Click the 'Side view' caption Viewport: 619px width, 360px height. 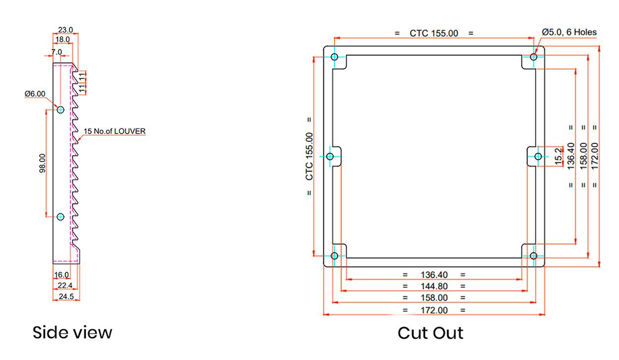point(72,332)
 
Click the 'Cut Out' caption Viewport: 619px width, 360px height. point(430,333)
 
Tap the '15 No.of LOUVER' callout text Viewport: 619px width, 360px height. point(115,131)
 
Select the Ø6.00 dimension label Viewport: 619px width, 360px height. point(35,94)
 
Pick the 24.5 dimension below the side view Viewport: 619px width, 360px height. point(66,297)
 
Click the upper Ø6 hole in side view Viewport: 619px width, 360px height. point(60,110)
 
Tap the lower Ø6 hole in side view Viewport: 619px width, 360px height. point(60,217)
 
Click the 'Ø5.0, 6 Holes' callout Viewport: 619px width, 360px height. point(569,32)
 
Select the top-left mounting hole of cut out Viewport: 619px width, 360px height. point(335,57)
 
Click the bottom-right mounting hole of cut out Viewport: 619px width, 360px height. point(534,256)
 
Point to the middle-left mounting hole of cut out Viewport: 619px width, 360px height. point(330,157)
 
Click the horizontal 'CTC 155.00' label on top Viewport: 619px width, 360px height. point(434,33)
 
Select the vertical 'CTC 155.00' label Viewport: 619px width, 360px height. point(309,156)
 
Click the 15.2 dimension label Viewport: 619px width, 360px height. point(559,157)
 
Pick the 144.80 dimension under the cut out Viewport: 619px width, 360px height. point(434,286)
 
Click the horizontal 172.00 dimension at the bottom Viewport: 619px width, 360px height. point(434,310)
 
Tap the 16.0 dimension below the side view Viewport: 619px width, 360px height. point(61,274)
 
